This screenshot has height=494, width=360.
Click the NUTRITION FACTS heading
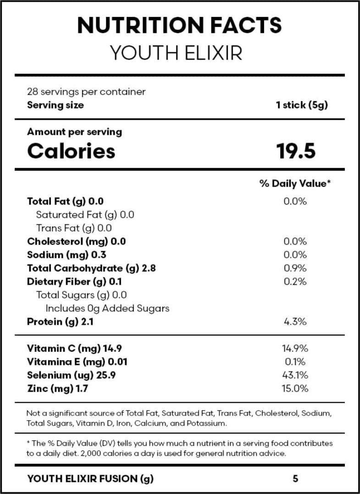click(179, 26)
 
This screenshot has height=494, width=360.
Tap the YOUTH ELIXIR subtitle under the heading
click(176, 54)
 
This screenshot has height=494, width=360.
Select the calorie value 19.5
click(296, 151)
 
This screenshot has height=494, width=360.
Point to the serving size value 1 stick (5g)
click(302, 105)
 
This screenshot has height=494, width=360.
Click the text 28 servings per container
click(86, 92)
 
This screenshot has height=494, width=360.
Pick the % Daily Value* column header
click(295, 183)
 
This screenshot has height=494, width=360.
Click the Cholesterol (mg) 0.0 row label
click(76, 241)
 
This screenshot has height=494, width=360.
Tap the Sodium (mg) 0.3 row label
click(66, 255)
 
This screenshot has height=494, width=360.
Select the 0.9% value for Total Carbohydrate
click(295, 268)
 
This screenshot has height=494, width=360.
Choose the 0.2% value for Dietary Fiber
click(295, 282)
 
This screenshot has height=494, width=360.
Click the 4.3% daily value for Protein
click(295, 322)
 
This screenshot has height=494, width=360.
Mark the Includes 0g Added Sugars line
click(107, 308)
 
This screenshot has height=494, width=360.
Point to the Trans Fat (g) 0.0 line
click(74, 228)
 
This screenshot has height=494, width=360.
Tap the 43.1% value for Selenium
click(295, 375)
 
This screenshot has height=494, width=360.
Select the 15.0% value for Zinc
click(295, 389)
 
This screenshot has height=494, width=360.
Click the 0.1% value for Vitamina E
click(295, 362)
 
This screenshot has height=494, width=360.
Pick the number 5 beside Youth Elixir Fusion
click(295, 479)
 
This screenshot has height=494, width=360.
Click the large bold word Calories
click(71, 151)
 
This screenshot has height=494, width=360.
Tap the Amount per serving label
click(74, 132)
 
